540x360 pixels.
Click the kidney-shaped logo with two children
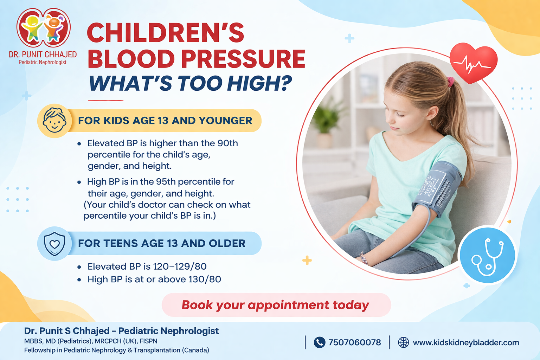(43, 28)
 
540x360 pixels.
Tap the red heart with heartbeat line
(473, 63)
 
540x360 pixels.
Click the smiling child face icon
(54, 121)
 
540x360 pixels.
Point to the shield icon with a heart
(54, 243)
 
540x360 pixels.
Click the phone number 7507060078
(354, 342)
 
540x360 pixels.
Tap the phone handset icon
(319, 342)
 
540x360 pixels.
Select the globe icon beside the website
(403, 342)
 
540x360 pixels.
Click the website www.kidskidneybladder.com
(466, 342)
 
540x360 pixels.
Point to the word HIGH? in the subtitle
(259, 83)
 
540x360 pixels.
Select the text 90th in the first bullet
(227, 143)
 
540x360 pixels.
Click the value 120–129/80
(180, 266)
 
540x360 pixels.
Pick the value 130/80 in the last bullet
(205, 279)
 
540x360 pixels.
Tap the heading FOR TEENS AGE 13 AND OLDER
(162, 243)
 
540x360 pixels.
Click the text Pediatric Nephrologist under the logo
(43, 62)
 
